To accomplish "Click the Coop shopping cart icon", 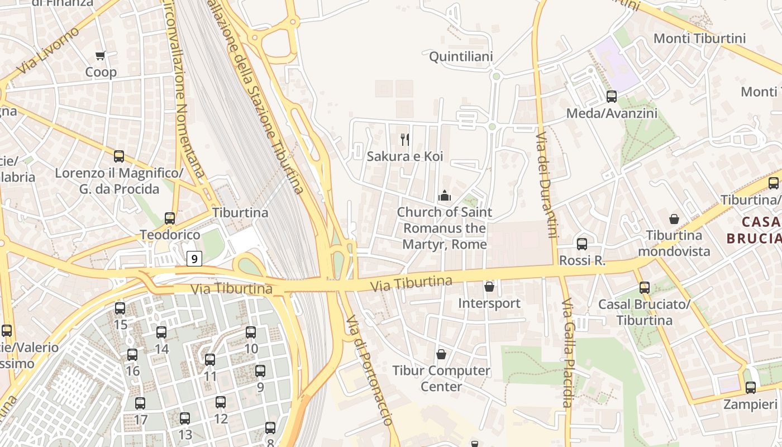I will [101, 55].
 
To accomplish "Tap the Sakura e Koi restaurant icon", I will [405, 139].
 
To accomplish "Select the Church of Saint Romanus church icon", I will [445, 196].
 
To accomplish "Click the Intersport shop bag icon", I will [489, 287].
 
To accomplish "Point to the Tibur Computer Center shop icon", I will [441, 354].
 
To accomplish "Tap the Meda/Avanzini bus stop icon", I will [612, 96].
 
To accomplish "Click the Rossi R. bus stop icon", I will [582, 244].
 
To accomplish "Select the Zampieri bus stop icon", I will [751, 387].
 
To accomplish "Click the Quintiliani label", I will [461, 56].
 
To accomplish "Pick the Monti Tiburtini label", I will [699, 39].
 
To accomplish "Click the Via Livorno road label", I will [48, 51].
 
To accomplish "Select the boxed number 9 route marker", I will [194, 259].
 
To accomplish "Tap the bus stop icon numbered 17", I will [140, 403].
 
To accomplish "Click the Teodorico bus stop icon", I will [170, 218].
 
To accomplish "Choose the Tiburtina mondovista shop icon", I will [674, 219].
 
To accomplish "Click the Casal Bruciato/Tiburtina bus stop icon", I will [645, 288].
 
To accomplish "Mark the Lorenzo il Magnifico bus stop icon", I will [119, 156].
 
